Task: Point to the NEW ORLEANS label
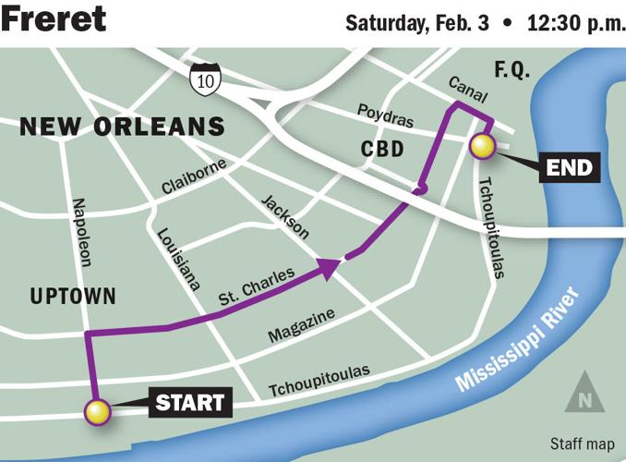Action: pyautogui.click(x=123, y=126)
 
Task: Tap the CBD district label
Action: pyautogui.click(x=383, y=149)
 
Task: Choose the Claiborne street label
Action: pyautogui.click(x=193, y=174)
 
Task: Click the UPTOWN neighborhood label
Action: pyautogui.click(x=73, y=297)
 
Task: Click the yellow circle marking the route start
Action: pyautogui.click(x=97, y=412)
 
